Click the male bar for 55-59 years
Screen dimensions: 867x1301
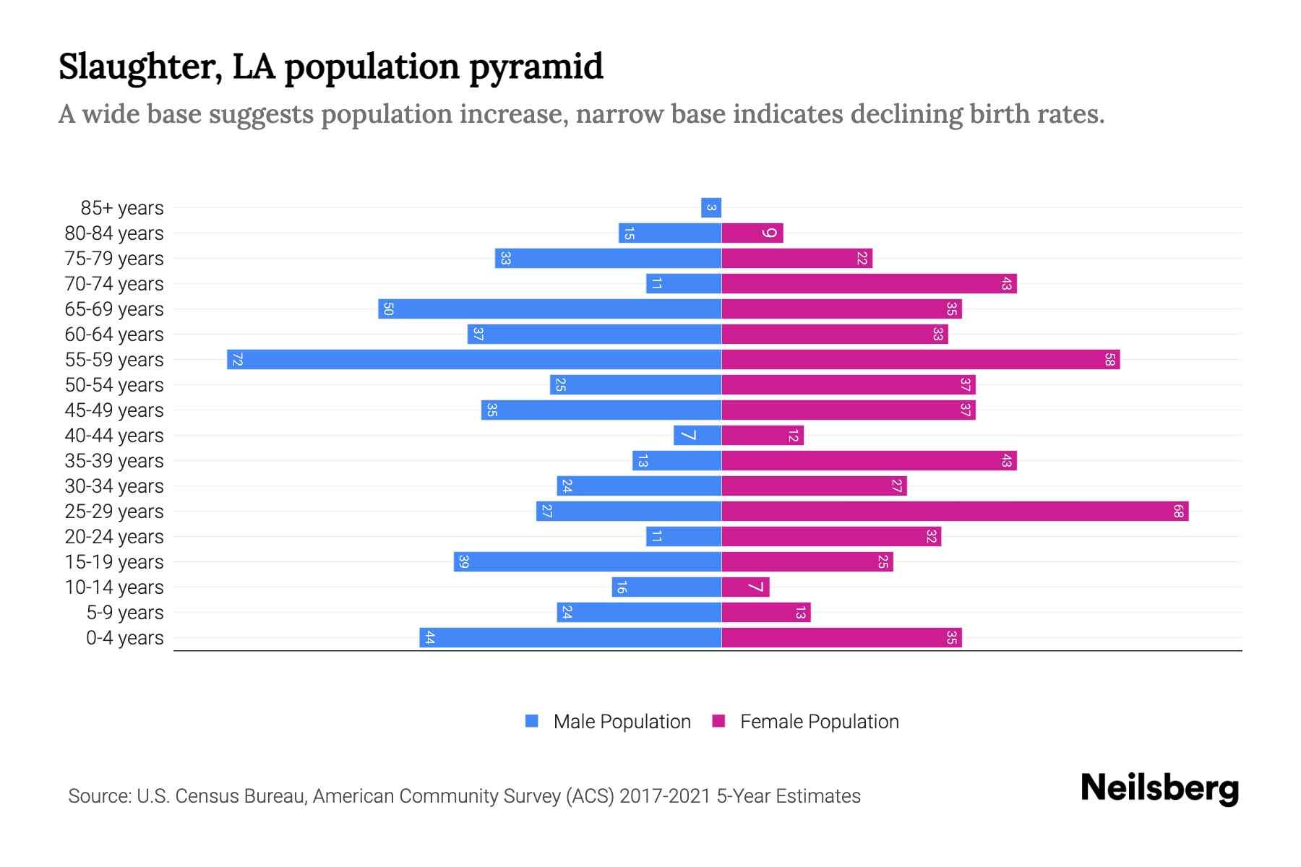coord(474,359)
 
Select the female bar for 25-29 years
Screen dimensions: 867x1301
coord(954,511)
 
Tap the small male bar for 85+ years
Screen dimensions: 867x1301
coord(711,207)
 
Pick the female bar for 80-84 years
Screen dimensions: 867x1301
coord(752,233)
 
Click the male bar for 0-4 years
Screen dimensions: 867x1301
coord(570,637)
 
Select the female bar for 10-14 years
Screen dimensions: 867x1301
coord(745,587)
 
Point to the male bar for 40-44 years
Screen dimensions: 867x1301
coord(697,435)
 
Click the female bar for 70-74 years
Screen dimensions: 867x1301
coord(869,283)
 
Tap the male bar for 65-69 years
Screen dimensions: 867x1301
coord(549,309)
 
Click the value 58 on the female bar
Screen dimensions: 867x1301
coord(1109,359)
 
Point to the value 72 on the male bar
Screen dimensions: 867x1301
coord(237,359)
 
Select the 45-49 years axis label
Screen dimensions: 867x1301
coord(114,410)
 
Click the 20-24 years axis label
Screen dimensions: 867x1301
coord(114,537)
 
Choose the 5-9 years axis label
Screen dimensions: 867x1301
coord(125,613)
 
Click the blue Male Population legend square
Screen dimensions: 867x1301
coord(532,721)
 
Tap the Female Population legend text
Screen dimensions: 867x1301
coord(819,721)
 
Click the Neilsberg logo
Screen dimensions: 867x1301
coord(1159,788)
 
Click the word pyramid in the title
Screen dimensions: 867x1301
coord(536,66)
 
